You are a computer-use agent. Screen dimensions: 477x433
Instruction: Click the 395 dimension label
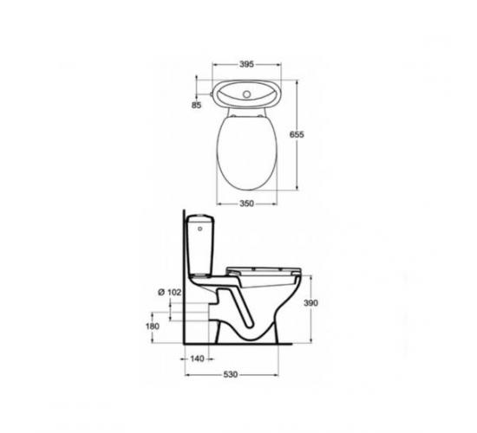coord(246,64)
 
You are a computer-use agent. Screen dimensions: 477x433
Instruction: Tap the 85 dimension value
coord(197,105)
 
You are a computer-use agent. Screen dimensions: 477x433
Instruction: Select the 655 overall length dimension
coord(297,134)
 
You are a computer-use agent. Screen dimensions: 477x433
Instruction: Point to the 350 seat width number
coord(246,204)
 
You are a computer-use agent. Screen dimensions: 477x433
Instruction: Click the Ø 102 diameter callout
coord(170,293)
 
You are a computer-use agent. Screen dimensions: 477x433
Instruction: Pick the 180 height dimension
coord(153,326)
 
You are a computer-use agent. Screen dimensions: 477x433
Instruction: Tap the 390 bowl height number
coord(310,303)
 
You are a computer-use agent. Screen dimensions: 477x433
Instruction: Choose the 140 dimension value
coord(197,359)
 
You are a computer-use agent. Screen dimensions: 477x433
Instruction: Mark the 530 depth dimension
coord(231,375)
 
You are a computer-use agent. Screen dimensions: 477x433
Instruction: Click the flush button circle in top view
coord(246,94)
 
